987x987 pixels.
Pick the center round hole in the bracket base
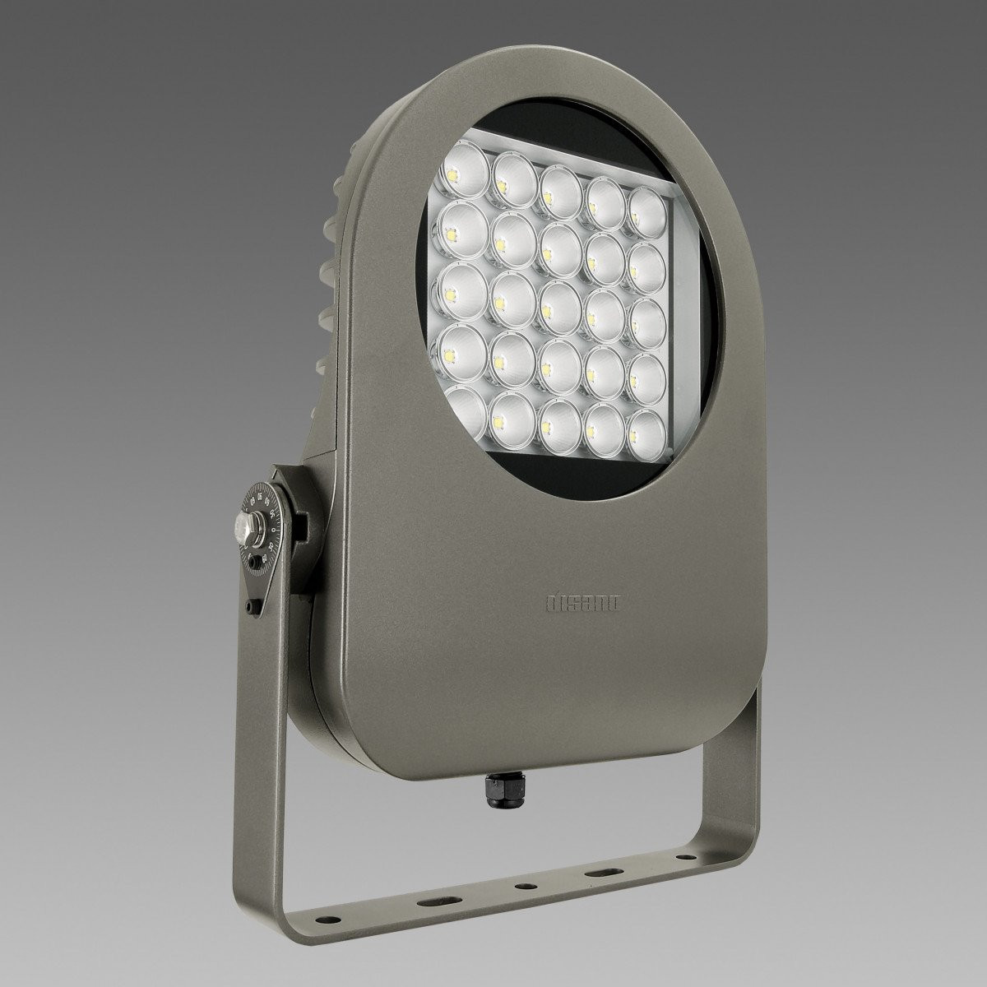click(x=521, y=887)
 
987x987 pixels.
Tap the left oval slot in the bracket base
click(x=429, y=901)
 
